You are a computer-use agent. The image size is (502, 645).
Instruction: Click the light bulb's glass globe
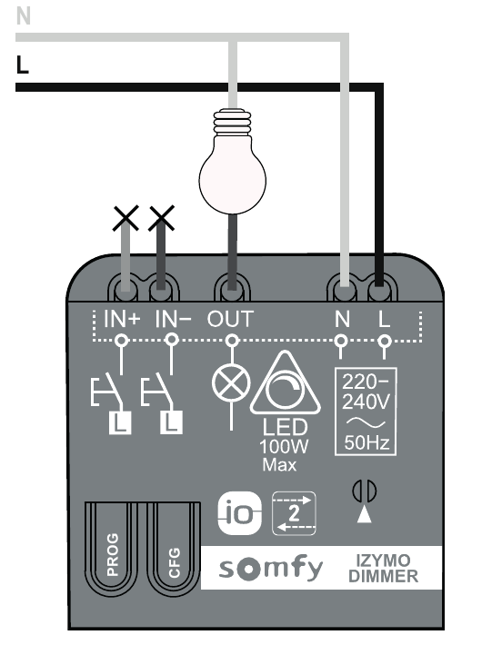(x=232, y=176)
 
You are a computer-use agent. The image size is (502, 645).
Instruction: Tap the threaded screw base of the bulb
(x=232, y=122)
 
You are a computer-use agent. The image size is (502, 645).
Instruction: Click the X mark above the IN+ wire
(x=125, y=218)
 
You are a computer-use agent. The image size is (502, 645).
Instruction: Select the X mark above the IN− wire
(x=162, y=218)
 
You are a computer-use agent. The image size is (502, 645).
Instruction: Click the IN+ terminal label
(x=122, y=319)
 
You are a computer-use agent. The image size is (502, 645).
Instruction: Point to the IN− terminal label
(x=174, y=319)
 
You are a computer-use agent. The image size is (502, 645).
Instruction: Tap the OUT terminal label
(x=230, y=319)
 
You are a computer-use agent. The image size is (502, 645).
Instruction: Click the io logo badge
(x=239, y=513)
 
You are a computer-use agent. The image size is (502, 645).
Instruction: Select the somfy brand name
(x=271, y=568)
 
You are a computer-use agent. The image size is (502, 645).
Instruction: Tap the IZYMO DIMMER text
(x=384, y=568)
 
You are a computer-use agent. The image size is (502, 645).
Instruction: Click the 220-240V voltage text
(x=366, y=392)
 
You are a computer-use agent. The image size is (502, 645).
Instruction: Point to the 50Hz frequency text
(x=366, y=442)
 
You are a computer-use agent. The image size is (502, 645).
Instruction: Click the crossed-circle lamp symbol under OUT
(x=231, y=382)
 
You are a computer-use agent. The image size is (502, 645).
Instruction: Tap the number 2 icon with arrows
(x=294, y=513)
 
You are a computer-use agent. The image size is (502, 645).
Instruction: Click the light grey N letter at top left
(x=24, y=16)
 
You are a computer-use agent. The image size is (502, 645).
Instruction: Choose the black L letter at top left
(x=23, y=64)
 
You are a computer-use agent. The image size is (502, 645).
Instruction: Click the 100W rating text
(x=284, y=447)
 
